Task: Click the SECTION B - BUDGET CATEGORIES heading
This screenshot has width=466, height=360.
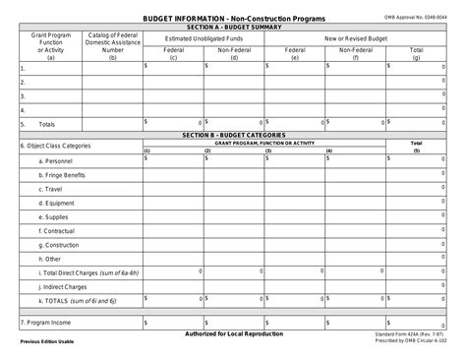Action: [x=234, y=134]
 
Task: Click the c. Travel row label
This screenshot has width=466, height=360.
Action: [x=51, y=188]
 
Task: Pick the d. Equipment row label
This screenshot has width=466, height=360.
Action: [x=56, y=203]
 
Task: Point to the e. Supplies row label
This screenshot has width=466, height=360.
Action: [x=54, y=216]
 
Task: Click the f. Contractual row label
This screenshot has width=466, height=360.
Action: [x=57, y=230]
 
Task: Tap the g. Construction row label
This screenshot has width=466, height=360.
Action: [x=59, y=244]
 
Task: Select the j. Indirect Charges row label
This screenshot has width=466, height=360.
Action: [x=63, y=286]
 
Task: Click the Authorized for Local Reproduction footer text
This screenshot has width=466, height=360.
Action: [x=234, y=334]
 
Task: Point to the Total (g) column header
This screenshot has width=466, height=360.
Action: [x=416, y=53]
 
